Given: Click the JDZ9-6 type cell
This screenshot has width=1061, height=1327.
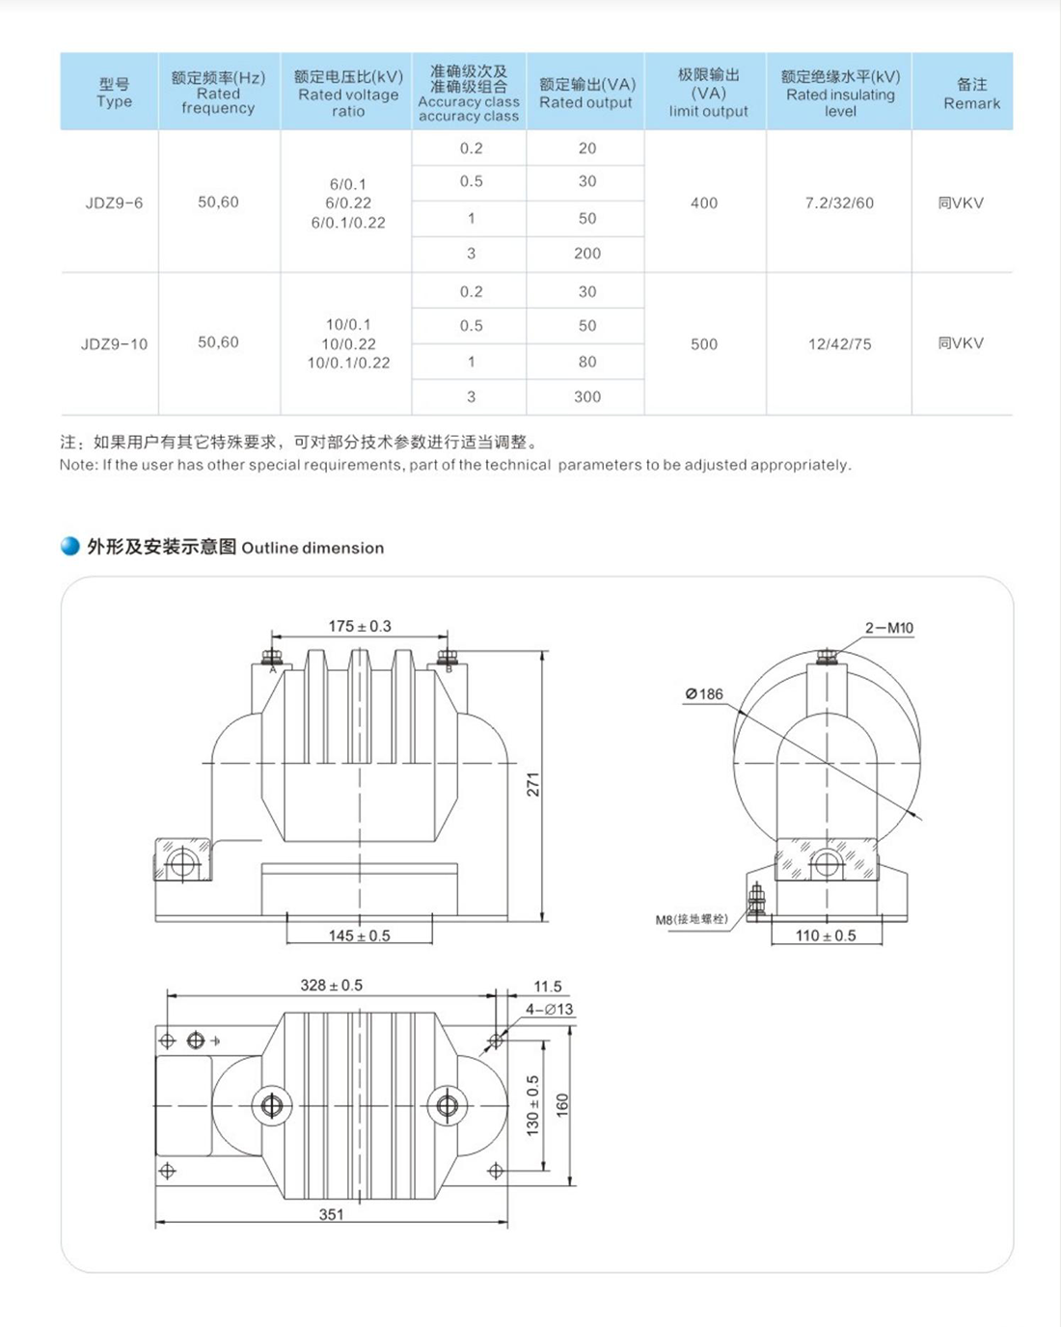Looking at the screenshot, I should pyautogui.click(x=114, y=203).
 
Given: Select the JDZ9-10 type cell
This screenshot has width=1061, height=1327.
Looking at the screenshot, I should pyautogui.click(x=114, y=343).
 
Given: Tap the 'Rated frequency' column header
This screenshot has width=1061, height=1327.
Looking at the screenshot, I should pyautogui.click(x=218, y=93).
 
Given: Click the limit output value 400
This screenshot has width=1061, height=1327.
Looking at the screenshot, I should pyautogui.click(x=704, y=203).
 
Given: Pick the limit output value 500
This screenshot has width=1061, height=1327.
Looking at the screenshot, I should pyautogui.click(x=704, y=343).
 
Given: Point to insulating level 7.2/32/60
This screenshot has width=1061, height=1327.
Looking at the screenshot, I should pyautogui.click(x=839, y=203).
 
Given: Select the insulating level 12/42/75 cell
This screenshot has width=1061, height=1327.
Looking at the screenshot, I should pyautogui.click(x=839, y=343).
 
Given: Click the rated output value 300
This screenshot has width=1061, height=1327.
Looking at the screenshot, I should pyautogui.click(x=586, y=396).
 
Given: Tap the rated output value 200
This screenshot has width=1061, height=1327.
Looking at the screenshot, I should pyautogui.click(x=586, y=254).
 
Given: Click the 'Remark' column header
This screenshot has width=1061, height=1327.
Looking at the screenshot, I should pyautogui.click(x=971, y=94).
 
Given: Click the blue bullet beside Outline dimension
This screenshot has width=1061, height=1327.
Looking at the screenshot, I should pyautogui.click(x=70, y=547).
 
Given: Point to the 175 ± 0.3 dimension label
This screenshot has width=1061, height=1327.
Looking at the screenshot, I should pyautogui.click(x=360, y=626).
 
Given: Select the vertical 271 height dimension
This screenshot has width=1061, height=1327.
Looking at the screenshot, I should pyautogui.click(x=532, y=785).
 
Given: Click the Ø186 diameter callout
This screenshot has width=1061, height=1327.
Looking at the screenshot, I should pyautogui.click(x=704, y=693).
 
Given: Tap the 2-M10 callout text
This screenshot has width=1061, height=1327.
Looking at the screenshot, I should pyautogui.click(x=888, y=628).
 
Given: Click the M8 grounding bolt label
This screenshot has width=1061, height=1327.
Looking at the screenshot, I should pyautogui.click(x=692, y=919).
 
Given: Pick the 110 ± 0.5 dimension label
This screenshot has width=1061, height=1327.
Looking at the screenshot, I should pyautogui.click(x=826, y=935).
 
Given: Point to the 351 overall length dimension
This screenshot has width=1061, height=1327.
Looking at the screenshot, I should pyautogui.click(x=331, y=1214).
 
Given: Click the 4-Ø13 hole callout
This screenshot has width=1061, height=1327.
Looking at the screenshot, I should pyautogui.click(x=549, y=1010).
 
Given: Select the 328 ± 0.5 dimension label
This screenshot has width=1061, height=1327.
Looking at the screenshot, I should pyautogui.click(x=331, y=985).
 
